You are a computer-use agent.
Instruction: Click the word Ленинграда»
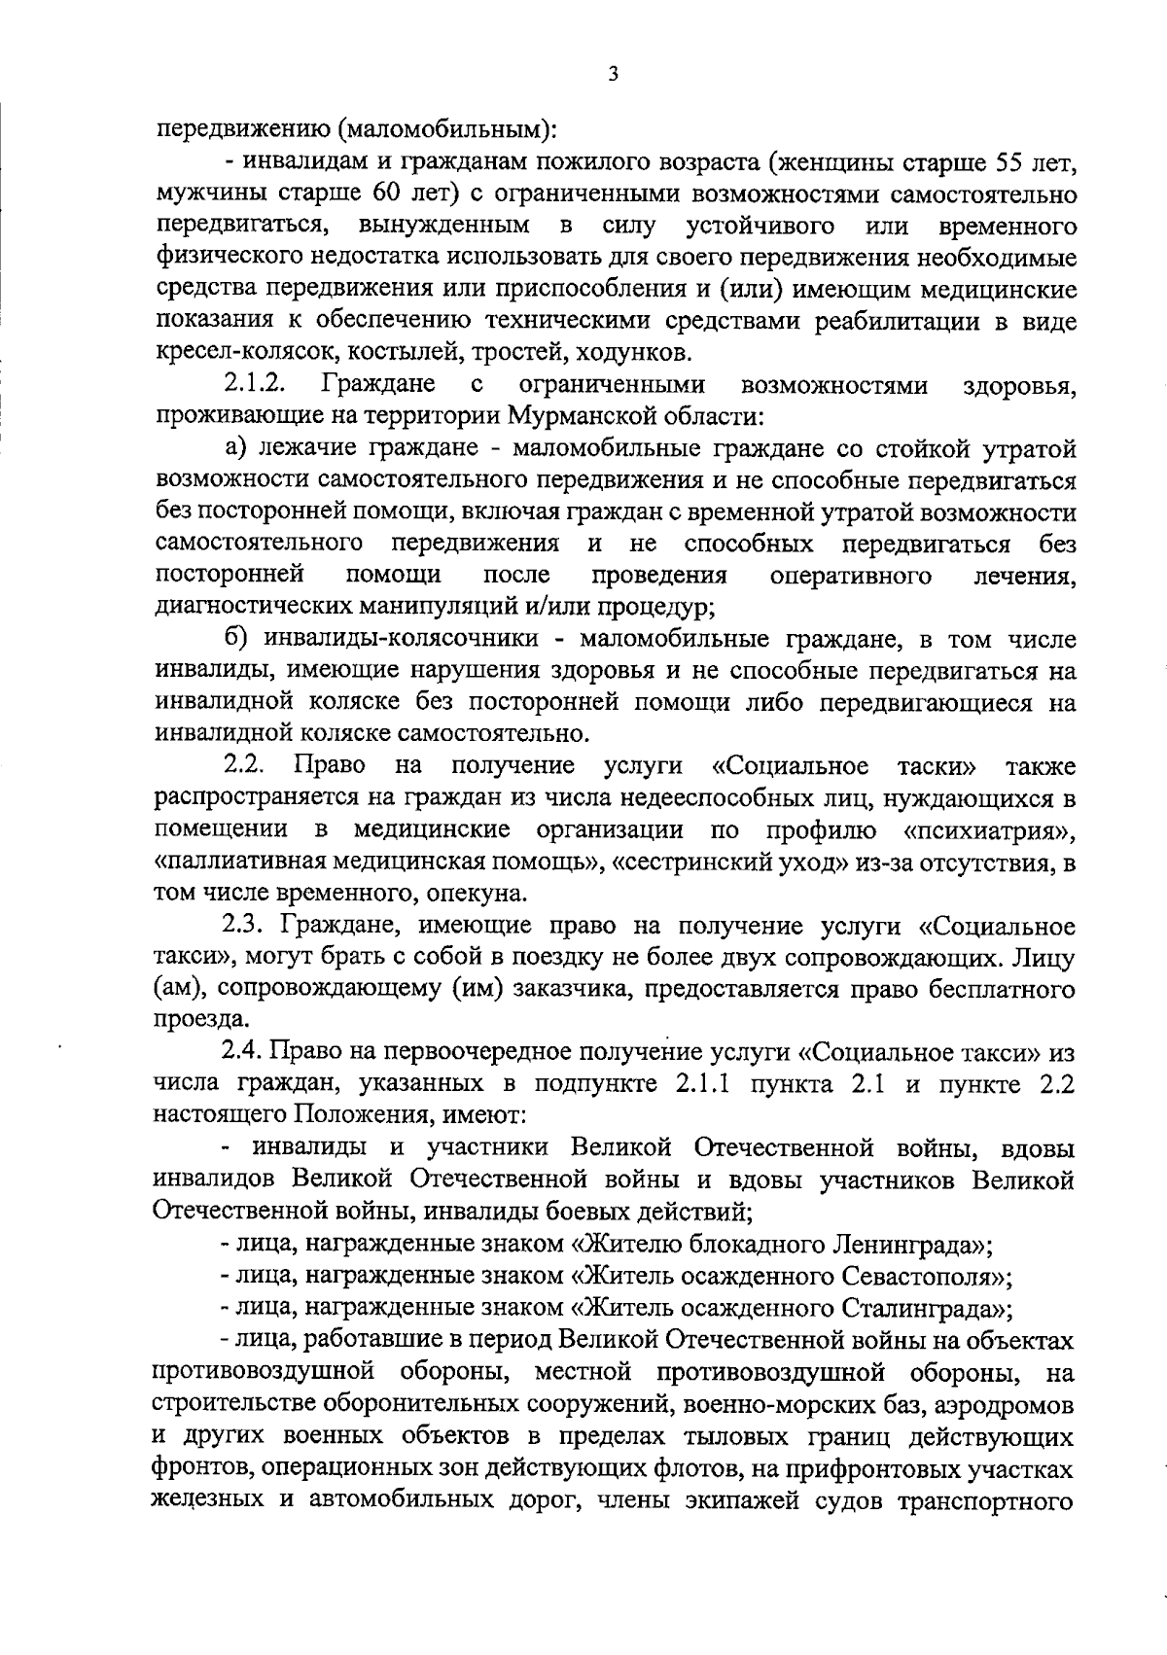[x=910, y=1244]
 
